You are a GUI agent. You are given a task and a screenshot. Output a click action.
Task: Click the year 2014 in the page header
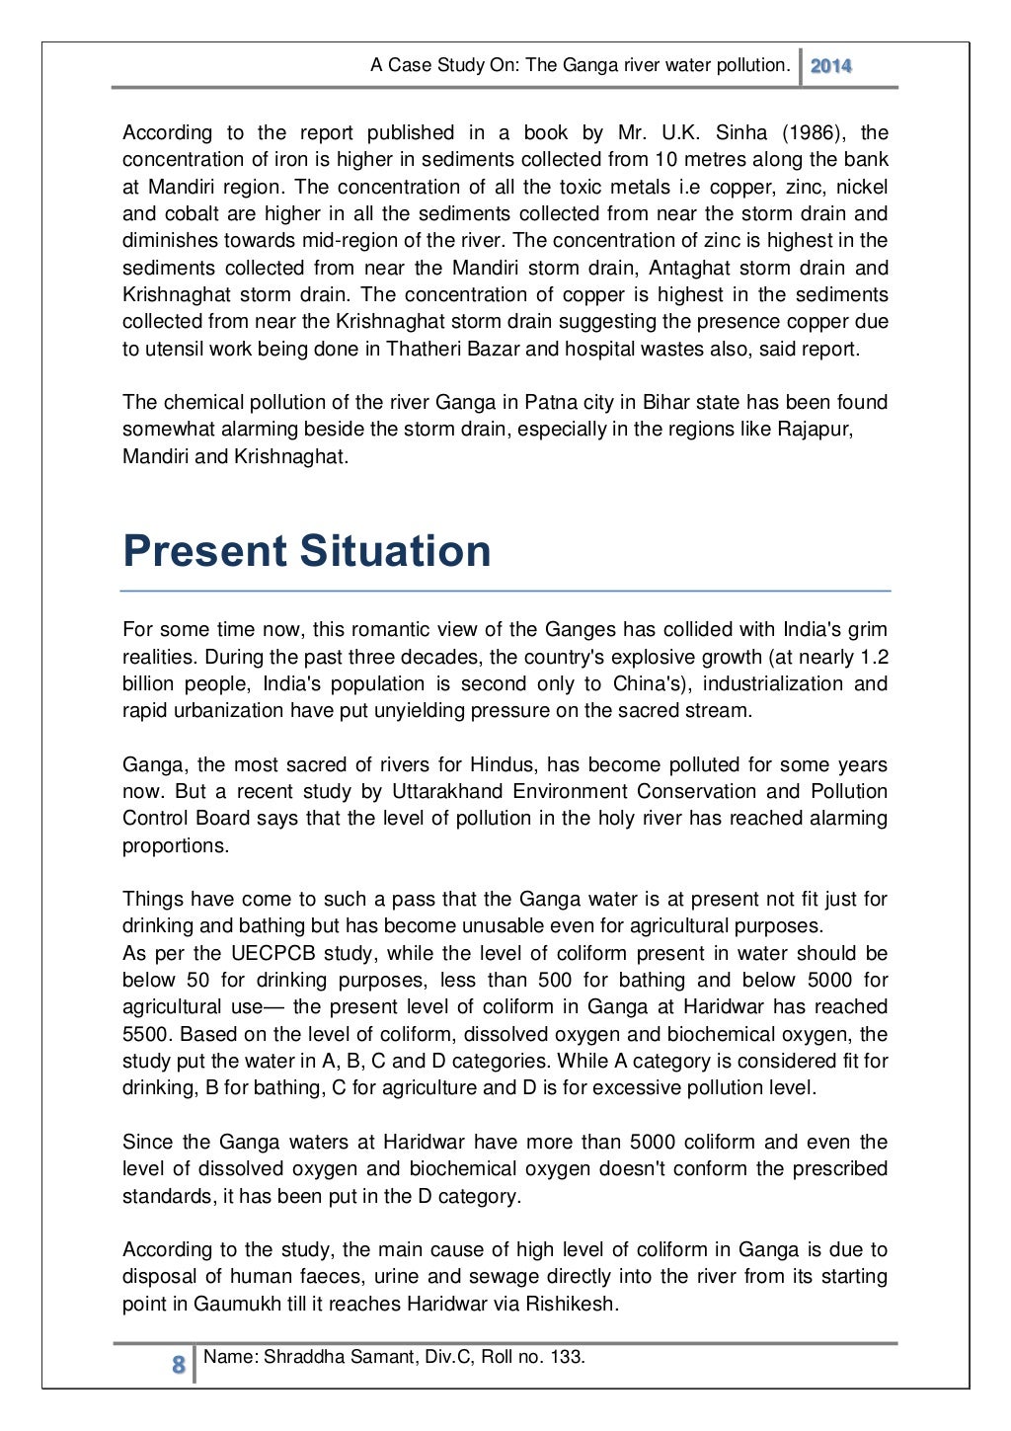(830, 66)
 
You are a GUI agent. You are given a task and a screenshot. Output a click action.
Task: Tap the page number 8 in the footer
(179, 1366)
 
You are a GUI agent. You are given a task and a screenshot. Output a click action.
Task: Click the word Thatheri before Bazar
(423, 349)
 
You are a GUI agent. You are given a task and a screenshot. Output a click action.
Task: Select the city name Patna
(547, 402)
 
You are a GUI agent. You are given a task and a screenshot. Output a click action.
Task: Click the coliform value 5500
(146, 1034)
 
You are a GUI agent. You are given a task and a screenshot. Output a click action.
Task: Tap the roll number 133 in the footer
(566, 1356)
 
